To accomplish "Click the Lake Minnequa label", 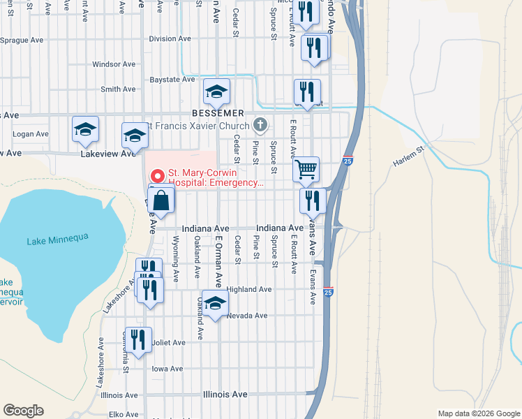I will click(x=58, y=240).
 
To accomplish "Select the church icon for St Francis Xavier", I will click(x=260, y=125).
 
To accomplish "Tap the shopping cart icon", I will click(x=306, y=169).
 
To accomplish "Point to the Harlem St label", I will click(x=409, y=160).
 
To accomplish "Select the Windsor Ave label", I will click(x=114, y=64).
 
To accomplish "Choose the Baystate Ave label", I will click(x=172, y=80).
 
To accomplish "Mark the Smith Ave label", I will click(x=118, y=89).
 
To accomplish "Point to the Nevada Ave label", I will click(x=247, y=316).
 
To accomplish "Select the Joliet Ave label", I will click(x=169, y=343).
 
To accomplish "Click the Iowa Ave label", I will click(x=167, y=369).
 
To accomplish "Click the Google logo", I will click(x=23, y=411).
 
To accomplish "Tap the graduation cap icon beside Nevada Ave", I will click(x=216, y=302).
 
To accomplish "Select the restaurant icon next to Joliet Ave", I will click(x=138, y=339).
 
